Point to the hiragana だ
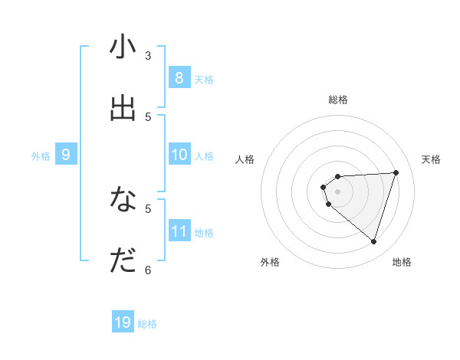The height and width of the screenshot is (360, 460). coord(123,261)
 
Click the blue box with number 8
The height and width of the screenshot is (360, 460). coord(179,78)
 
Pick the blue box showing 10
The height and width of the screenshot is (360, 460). coord(179,155)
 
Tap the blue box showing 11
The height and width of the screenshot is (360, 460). coord(179,231)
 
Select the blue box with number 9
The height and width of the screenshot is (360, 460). coord(66,155)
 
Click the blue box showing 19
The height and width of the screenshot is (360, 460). coord(123,322)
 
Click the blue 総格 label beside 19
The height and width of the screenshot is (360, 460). coord(147,324)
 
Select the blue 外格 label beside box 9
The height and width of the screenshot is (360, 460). coord(41,156)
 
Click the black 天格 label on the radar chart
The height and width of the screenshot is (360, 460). coord(431,159)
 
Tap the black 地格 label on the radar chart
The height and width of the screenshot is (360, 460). coord(402,262)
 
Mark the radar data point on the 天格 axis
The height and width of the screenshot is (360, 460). coord(396,172)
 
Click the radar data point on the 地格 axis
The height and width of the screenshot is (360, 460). coord(373,241)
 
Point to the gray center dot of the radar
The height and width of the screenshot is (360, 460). coord(337,191)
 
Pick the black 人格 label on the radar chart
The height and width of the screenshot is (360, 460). coord(245,159)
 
